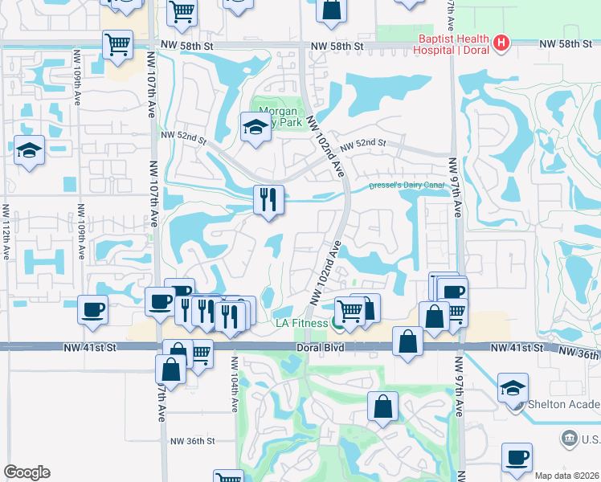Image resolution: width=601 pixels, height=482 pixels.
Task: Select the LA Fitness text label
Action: pos(302,323)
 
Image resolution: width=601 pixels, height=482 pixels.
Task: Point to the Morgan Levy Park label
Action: pos(276,117)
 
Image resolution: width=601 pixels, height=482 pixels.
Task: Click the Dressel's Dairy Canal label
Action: pos(406,184)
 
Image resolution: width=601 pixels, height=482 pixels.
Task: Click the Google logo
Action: pos(27,472)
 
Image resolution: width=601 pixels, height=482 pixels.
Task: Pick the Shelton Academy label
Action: pos(562,404)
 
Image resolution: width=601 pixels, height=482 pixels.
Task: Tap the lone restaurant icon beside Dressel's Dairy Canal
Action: pos(268,198)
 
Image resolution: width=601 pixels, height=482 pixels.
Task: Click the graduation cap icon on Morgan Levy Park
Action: pos(256,126)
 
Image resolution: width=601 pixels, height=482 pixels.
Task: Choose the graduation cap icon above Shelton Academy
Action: pos(513,387)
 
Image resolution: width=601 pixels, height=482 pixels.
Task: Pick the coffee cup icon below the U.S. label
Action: pos(517,457)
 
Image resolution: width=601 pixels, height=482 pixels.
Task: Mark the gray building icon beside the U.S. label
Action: pos(569,438)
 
